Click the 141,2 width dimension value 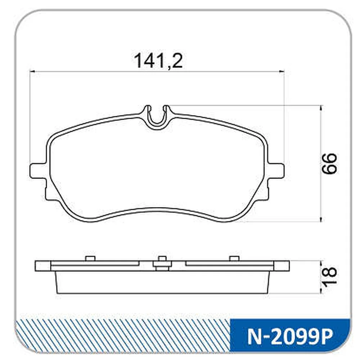[158, 60]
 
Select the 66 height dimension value [329, 163]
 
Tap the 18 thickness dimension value [329, 277]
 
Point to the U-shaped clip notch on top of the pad [158, 117]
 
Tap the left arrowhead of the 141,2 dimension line [32, 72]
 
